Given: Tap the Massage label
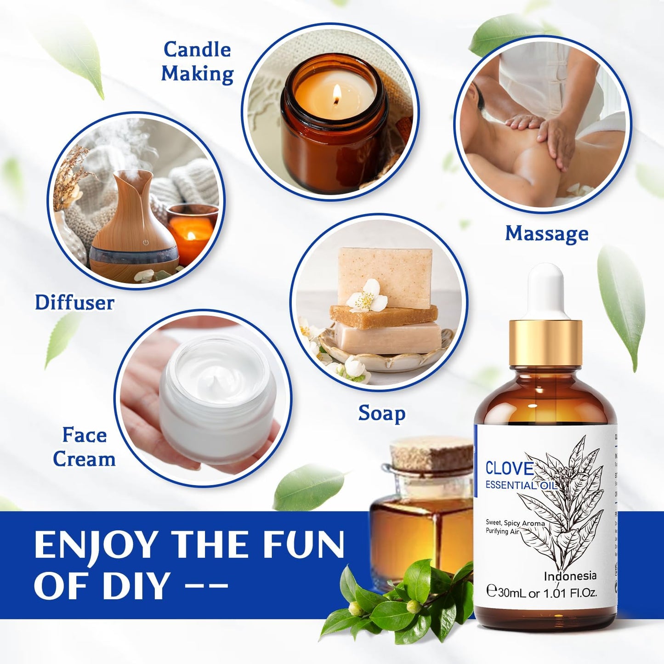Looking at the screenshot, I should [546, 233].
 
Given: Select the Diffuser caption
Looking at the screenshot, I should [74, 302].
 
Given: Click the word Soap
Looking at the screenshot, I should [381, 413].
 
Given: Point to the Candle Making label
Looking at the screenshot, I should [197, 62].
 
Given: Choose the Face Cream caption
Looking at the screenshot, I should [84, 447].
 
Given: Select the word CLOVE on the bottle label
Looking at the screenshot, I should [509, 469].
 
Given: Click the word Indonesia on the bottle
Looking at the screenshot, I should [570, 576].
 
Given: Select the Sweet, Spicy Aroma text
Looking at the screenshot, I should [515, 523].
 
